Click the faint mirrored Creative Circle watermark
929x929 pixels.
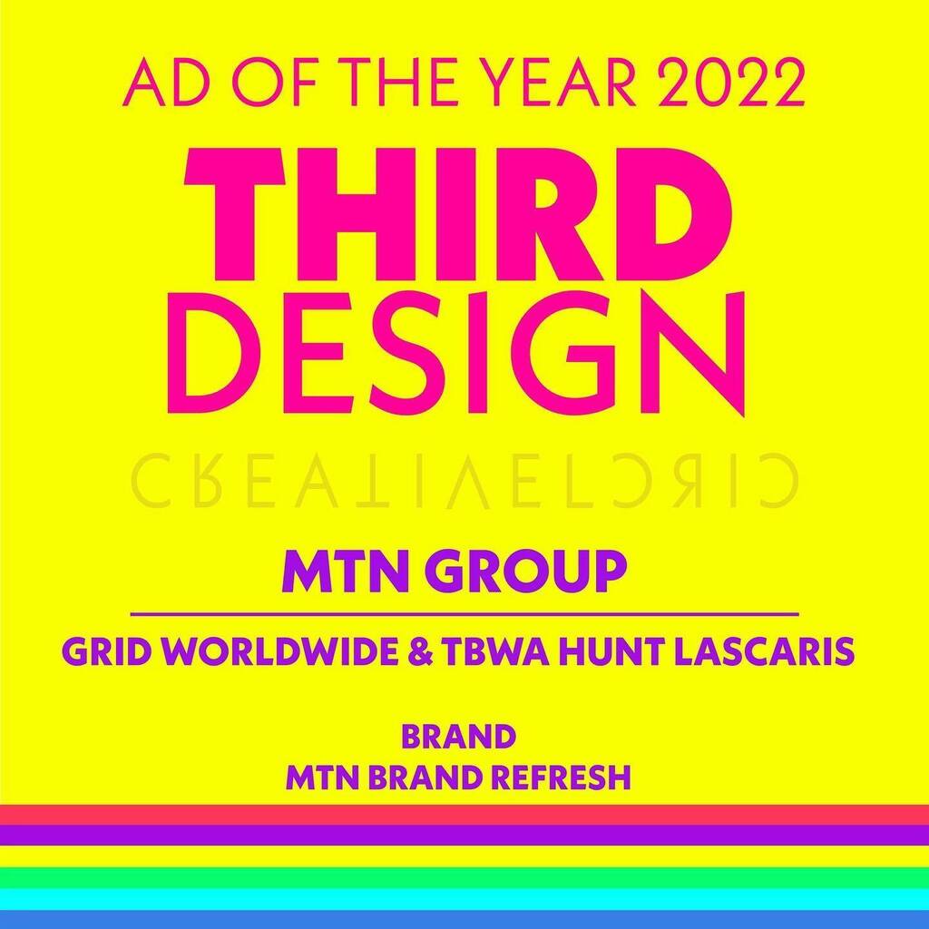tap(464, 479)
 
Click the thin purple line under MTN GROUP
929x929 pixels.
tap(464, 615)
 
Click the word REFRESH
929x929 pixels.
tap(566, 777)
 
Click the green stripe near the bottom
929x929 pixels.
tap(464, 876)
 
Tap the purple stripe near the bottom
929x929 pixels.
tap(464, 835)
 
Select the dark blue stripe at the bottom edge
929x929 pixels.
tap(464, 919)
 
